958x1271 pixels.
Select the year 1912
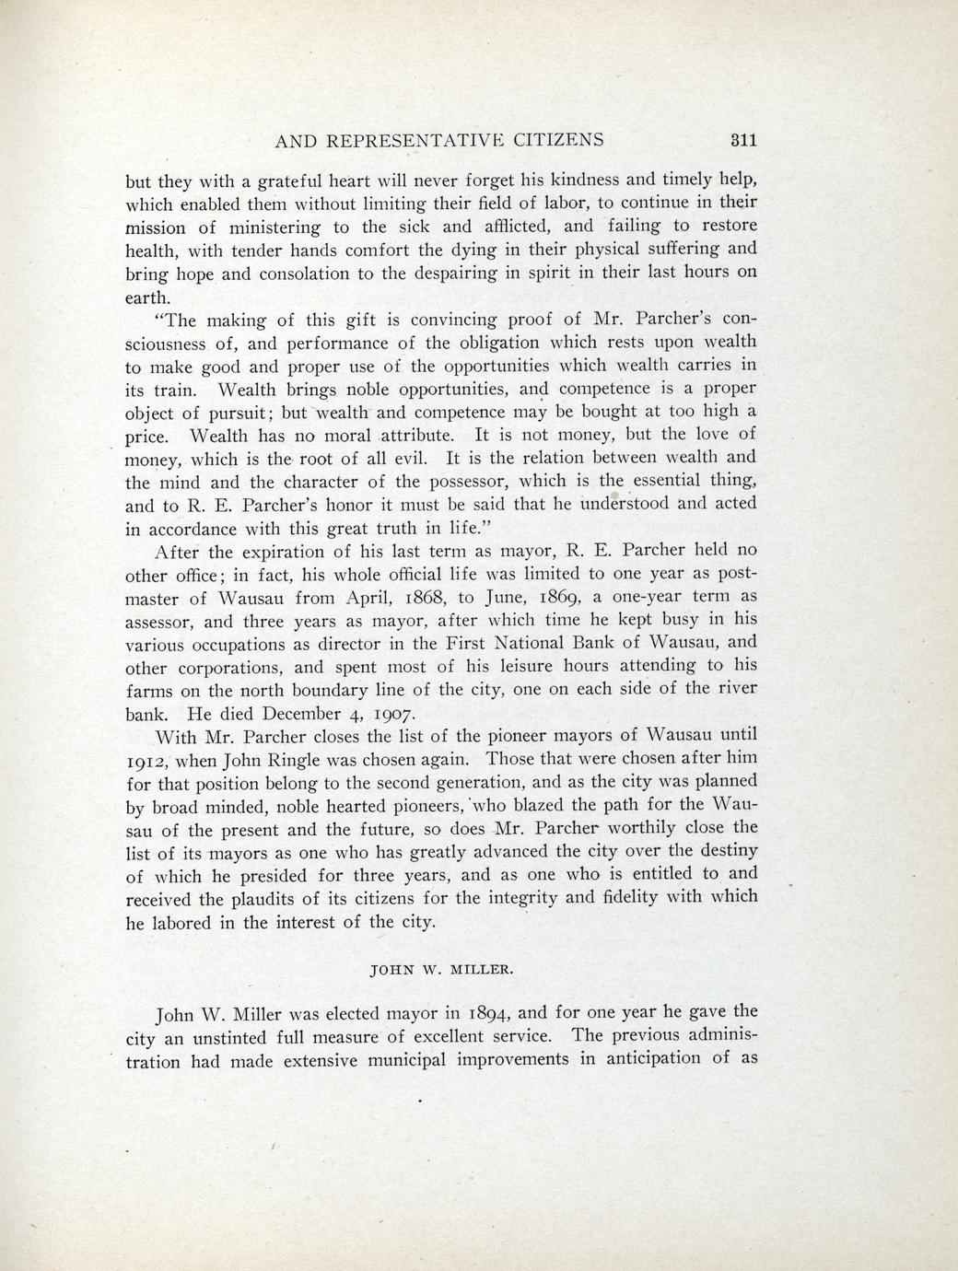[145, 761]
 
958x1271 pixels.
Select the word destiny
[725, 851]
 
